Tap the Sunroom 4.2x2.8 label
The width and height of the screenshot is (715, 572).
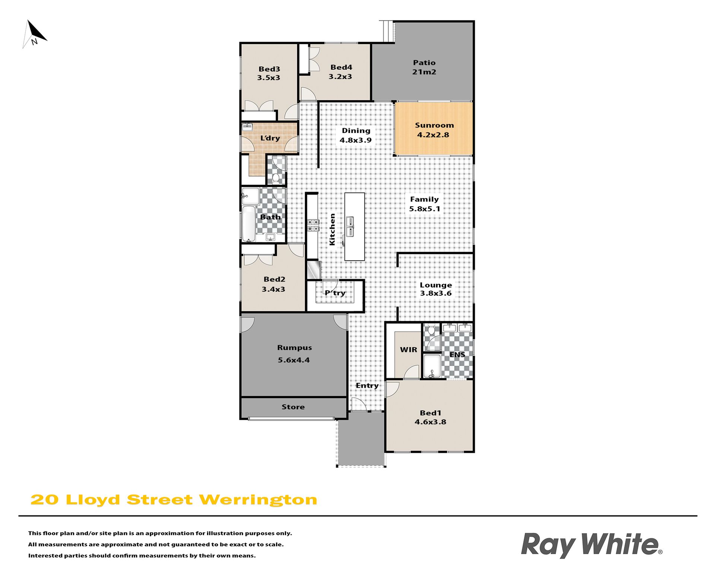tap(434, 130)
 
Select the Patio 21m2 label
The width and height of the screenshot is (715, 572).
tap(424, 67)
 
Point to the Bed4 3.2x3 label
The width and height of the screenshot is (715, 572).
tap(341, 72)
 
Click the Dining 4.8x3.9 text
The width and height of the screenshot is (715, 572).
tap(356, 135)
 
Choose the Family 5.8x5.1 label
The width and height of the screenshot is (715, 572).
tap(425, 204)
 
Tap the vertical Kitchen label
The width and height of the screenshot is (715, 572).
tap(332, 229)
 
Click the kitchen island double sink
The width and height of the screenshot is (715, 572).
tap(350, 227)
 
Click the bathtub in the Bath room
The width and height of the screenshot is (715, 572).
tap(249, 223)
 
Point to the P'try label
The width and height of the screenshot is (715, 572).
tap(335, 293)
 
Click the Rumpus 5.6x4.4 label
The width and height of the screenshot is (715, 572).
tap(294, 354)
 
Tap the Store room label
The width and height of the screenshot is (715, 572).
tap(293, 407)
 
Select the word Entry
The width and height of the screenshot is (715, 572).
tap(367, 386)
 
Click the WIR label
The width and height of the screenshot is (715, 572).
tap(409, 350)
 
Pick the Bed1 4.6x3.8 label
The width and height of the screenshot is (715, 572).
tap(430, 417)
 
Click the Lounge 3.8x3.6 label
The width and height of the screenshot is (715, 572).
tap(436, 289)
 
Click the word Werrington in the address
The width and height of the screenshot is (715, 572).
tap(258, 500)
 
